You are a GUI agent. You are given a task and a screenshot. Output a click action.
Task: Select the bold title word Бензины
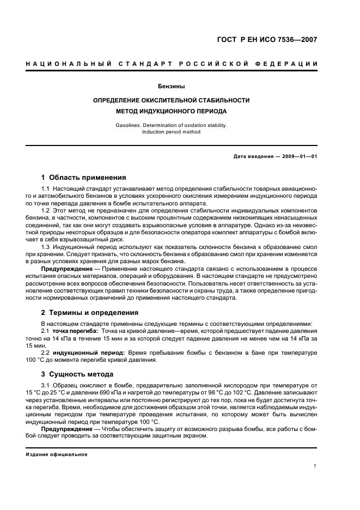point(172,86)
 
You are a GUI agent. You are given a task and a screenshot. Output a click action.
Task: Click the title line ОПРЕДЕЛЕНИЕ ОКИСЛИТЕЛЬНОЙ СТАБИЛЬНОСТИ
point(172,100)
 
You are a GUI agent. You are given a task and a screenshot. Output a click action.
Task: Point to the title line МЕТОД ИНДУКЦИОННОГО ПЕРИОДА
point(172,111)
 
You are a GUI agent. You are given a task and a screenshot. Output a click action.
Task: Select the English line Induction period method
point(172,131)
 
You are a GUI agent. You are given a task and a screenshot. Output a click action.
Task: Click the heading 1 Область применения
point(84,177)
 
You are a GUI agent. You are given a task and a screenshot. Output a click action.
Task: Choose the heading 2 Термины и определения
point(90,312)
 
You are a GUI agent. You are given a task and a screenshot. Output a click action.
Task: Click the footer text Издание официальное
point(57,454)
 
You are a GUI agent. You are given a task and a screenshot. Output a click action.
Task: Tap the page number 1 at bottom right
point(315,466)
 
